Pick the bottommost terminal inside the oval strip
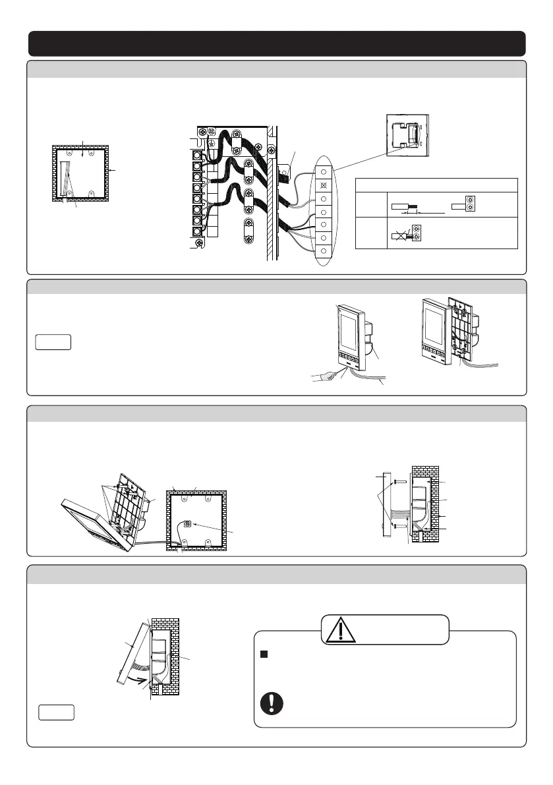click(324, 251)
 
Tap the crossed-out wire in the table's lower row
click(401, 233)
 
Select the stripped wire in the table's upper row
click(403, 206)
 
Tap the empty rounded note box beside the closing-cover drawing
click(55, 712)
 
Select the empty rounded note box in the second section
click(52, 343)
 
